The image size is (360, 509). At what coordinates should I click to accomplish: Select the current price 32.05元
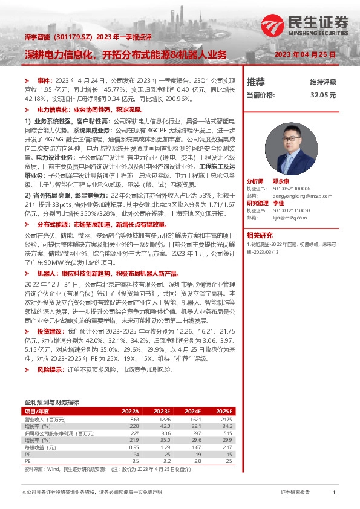point(322,95)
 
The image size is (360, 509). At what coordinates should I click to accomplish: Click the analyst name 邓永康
point(280,181)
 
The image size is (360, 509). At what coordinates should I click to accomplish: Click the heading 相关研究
point(260,235)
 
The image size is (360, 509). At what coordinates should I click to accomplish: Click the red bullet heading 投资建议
point(49,332)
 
